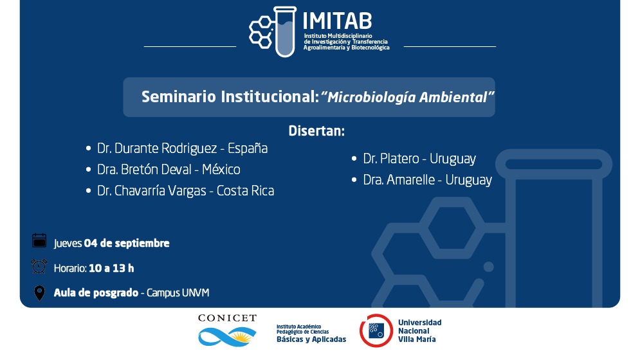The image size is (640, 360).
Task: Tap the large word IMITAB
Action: pos(337,21)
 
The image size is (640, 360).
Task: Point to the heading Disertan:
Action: pos(316,130)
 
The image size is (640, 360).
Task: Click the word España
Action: pos(248,148)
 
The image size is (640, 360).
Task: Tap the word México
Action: pos(221,169)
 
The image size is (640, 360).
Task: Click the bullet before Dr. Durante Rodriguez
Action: pos(88,148)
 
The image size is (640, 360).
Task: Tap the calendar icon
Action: pos(39,240)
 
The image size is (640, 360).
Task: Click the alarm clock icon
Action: pos(39,266)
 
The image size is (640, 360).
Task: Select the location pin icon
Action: pos(40,293)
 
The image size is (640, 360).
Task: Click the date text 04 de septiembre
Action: pos(127,243)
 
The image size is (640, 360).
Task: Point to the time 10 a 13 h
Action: pos(111,268)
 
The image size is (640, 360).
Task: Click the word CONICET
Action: pos(227,318)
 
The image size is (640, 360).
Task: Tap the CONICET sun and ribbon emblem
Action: pos(227,337)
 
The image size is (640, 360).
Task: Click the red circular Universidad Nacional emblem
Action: pos(376,330)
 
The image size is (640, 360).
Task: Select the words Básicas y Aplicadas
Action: pos(311,339)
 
